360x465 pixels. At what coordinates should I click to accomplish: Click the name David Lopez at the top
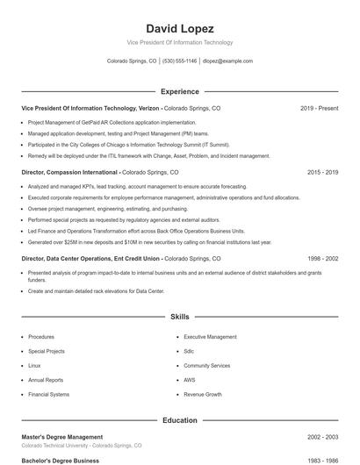pos(180,29)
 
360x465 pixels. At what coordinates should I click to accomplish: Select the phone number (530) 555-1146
pos(179,61)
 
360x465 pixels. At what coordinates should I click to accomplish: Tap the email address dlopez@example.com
pos(227,61)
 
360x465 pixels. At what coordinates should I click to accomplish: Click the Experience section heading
pos(180,91)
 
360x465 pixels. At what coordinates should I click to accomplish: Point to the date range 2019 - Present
pos(319,108)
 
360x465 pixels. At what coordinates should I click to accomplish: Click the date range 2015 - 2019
pos(322,173)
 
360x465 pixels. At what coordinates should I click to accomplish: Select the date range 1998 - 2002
pos(322,259)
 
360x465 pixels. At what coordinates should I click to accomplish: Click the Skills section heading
pos(180,316)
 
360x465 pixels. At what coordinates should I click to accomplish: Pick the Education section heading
pos(180,420)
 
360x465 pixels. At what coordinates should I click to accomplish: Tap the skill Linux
pos(34,365)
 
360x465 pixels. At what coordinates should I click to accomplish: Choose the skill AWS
pos(189,380)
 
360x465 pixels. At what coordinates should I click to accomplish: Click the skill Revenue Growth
pos(202,395)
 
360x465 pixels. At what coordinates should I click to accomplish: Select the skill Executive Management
pos(210,337)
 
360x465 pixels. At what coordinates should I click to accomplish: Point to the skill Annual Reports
pos(46,380)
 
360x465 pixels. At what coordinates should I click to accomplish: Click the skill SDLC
pos(191,351)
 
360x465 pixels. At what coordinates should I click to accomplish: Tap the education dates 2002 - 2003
pos(322,437)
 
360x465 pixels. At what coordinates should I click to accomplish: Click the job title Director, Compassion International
pos(69,173)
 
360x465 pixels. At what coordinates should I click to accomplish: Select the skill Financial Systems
pos(48,395)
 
